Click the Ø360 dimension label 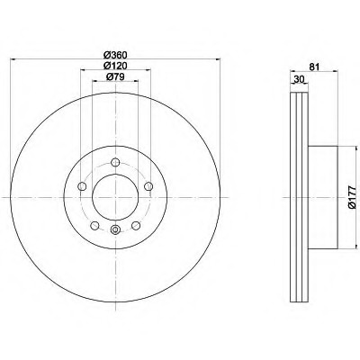pyautogui.click(x=115, y=55)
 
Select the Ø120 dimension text pyautogui.click(x=115, y=66)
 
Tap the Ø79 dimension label pyautogui.click(x=115, y=76)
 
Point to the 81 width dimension pyautogui.click(x=314, y=67)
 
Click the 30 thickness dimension pyautogui.click(x=300, y=79)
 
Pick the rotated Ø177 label pyautogui.click(x=352, y=197)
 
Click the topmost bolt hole pyautogui.click(x=115, y=162)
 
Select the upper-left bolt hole pyautogui.click(x=82, y=186)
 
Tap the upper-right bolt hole pyautogui.click(x=148, y=186)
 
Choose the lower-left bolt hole pyautogui.click(x=94, y=225)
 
